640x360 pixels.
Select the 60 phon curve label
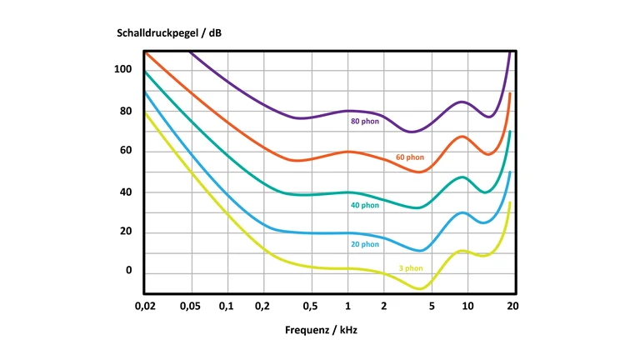(409, 157)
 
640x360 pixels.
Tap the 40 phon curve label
(364, 205)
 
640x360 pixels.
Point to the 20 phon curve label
(364, 244)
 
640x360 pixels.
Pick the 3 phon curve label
(410, 268)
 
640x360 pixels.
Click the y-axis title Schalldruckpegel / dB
(168, 33)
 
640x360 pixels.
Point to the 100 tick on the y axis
(123, 69)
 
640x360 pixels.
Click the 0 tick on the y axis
(129, 271)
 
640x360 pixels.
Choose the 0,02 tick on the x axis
(145, 306)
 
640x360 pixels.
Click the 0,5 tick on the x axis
(311, 306)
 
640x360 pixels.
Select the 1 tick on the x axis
(348, 306)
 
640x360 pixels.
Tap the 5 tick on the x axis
(432, 306)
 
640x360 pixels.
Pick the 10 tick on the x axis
(468, 306)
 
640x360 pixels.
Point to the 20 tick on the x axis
(512, 306)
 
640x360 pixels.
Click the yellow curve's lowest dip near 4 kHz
(421, 288)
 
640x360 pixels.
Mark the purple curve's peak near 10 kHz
(462, 102)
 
